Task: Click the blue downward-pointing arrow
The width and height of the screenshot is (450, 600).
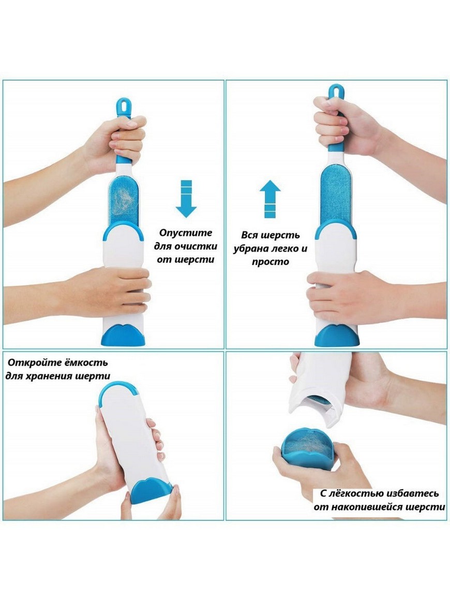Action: (x=186, y=198)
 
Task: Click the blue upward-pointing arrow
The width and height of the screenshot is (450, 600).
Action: (x=270, y=199)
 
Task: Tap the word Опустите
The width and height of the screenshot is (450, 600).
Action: (x=186, y=233)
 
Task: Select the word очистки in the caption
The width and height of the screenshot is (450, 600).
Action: (x=196, y=246)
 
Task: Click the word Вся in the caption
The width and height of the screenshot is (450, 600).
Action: (x=249, y=235)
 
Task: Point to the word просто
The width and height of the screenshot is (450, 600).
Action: (x=270, y=262)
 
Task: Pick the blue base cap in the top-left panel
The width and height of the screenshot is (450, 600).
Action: (x=123, y=335)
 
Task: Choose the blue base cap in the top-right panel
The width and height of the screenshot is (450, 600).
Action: (x=337, y=335)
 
